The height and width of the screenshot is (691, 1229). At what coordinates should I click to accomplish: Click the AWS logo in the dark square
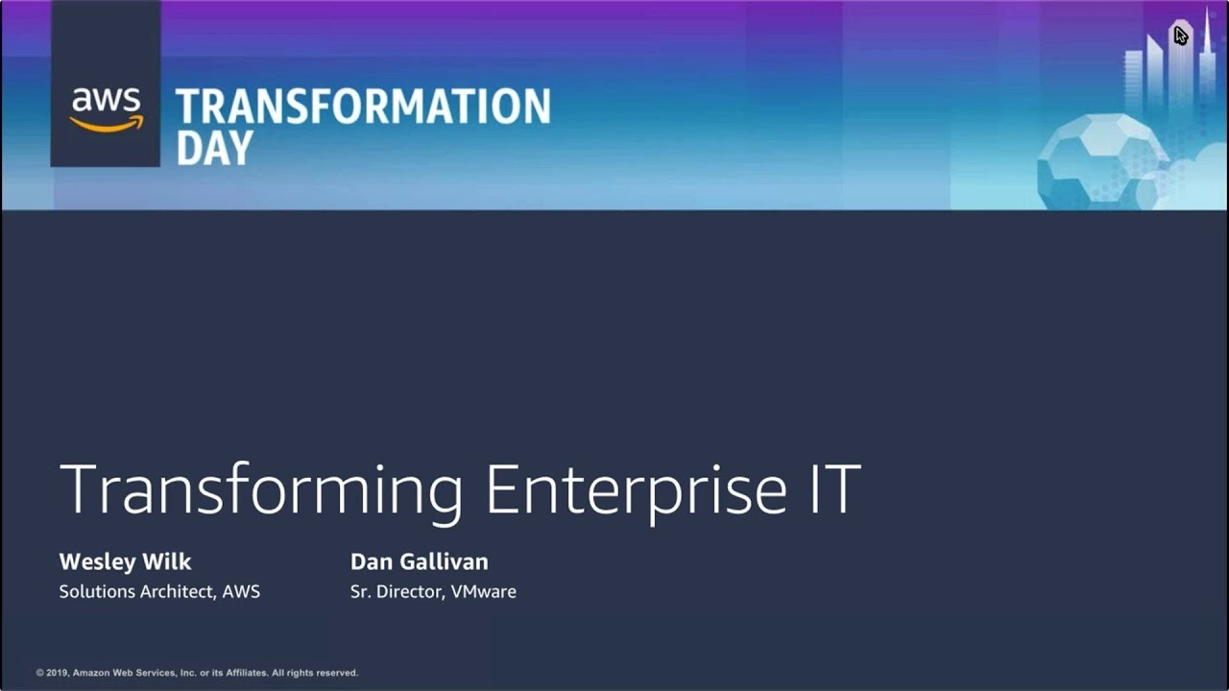[x=106, y=108]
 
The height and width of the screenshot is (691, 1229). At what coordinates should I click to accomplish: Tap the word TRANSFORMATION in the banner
[x=363, y=107]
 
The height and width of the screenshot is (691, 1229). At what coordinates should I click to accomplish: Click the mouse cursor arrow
[x=1180, y=36]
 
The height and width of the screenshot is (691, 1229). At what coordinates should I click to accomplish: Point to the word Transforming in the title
[x=261, y=490]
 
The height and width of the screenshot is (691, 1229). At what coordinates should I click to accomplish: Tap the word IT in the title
[x=829, y=489]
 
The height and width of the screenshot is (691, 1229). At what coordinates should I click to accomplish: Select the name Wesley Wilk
[x=125, y=561]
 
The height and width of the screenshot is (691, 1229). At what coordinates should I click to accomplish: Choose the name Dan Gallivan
[x=419, y=561]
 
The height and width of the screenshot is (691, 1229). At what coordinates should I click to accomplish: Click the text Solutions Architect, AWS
[x=159, y=591]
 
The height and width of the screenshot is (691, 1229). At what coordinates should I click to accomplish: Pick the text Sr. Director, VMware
[x=433, y=591]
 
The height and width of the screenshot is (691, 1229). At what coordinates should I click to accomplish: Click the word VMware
[x=483, y=591]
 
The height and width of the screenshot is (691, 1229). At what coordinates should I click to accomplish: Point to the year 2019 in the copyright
[x=59, y=673]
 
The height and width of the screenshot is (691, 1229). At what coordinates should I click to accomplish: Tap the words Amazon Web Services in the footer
[x=121, y=673]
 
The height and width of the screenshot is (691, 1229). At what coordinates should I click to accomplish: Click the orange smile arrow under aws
[x=107, y=123]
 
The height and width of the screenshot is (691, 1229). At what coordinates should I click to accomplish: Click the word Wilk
[x=168, y=561]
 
